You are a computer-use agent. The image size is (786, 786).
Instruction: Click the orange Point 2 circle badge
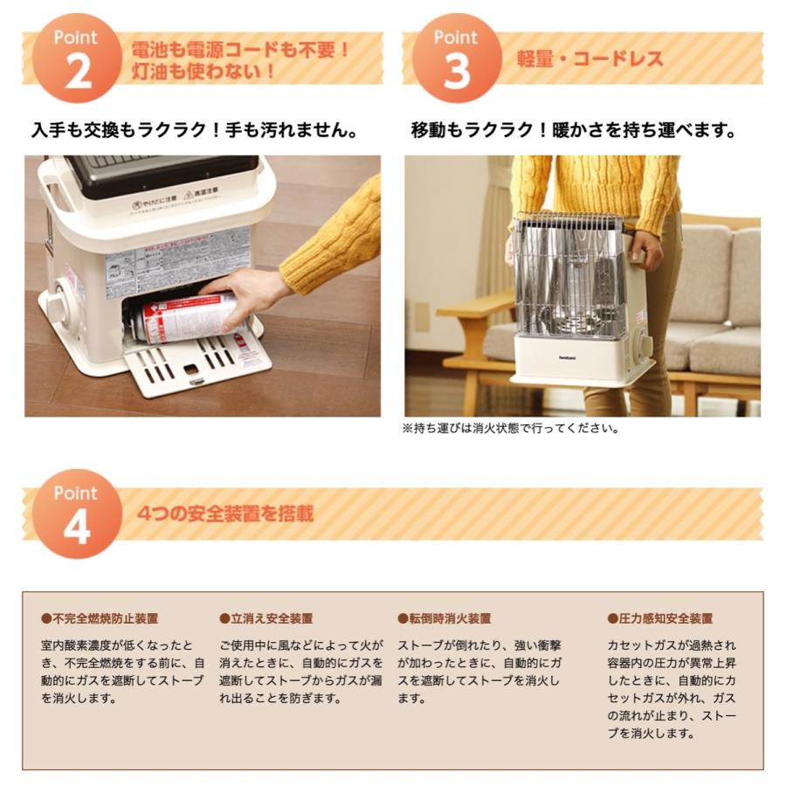pyautogui.click(x=76, y=59)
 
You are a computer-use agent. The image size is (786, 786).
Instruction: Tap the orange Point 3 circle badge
pyautogui.click(x=456, y=59)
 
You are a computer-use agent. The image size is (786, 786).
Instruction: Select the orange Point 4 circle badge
pyautogui.click(x=76, y=514)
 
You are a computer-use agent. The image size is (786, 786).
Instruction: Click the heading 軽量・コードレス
pyautogui.click(x=589, y=59)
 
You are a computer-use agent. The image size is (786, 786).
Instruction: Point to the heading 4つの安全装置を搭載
pyautogui.click(x=224, y=514)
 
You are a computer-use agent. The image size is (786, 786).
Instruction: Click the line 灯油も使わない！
pyautogui.click(x=203, y=71)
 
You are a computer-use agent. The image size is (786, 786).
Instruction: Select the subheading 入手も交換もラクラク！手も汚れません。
pyautogui.click(x=195, y=132)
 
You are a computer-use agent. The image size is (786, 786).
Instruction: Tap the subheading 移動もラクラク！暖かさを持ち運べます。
pyautogui.click(x=573, y=132)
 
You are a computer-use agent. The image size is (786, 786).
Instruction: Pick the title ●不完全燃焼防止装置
pyautogui.click(x=100, y=618)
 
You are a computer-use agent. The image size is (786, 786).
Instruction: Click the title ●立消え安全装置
pyautogui.click(x=265, y=618)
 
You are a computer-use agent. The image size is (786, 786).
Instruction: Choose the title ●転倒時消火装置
pyautogui.click(x=444, y=618)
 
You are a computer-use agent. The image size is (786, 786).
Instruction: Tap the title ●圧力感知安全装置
pyautogui.click(x=659, y=618)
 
